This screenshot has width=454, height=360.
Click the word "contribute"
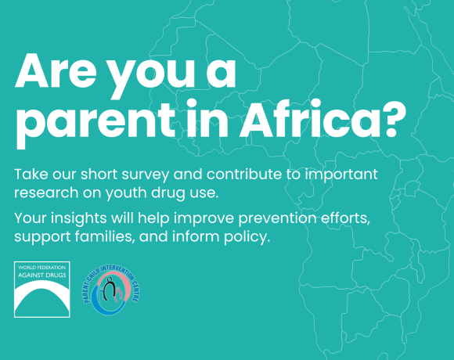click(245, 172)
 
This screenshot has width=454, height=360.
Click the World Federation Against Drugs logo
click(41, 289)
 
